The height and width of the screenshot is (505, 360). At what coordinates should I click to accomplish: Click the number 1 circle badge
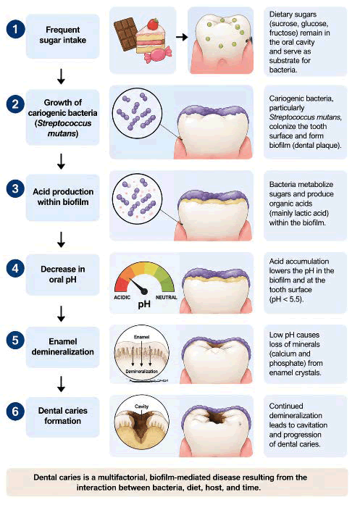15,29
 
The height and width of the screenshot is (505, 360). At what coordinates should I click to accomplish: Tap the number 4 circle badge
15,268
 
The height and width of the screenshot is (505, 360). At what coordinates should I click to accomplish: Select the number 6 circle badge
15,412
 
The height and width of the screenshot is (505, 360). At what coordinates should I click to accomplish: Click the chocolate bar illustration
126,34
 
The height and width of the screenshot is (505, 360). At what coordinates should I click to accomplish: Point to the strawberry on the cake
153,24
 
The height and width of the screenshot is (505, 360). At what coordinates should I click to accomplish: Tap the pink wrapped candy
157,54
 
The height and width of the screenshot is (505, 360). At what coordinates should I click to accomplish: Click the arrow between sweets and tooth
182,37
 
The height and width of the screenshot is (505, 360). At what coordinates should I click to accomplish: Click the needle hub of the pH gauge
145,291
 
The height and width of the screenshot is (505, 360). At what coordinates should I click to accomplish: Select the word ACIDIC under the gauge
122,297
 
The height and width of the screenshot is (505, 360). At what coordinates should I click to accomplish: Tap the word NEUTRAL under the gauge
166,297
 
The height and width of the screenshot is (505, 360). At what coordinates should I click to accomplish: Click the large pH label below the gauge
144,304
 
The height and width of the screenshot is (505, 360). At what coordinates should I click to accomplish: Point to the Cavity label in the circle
142,406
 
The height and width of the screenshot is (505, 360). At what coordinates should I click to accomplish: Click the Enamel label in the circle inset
142,337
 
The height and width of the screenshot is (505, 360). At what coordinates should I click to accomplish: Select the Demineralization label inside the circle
142,372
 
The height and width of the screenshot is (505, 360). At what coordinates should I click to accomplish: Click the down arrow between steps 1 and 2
61,76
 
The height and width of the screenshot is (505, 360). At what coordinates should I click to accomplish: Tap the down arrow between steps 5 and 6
61,384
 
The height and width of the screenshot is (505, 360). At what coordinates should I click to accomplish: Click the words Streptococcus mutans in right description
305,117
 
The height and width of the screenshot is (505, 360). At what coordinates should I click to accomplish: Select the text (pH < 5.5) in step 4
286,299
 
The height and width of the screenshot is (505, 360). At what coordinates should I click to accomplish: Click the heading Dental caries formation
63,416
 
